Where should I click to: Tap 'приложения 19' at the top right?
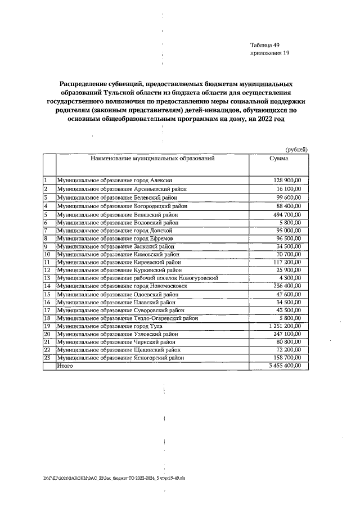[269, 53]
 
